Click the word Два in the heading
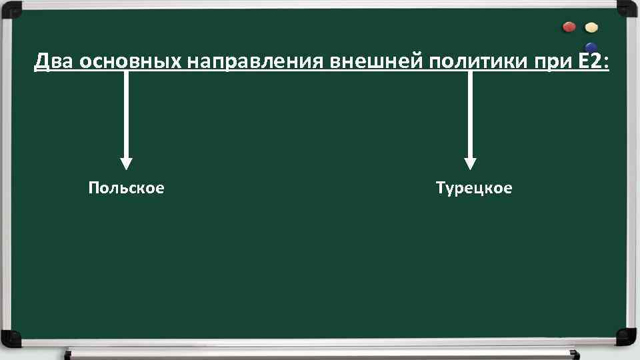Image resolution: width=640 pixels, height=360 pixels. pos(54,62)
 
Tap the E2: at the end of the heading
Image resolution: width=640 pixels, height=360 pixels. pos(595,62)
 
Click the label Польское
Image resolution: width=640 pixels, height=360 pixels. pos(126,189)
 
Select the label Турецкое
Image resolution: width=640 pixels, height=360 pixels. pos(474,189)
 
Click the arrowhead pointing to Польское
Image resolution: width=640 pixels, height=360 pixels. pos(126,164)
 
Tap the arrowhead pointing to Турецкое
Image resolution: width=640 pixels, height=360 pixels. pos(470,164)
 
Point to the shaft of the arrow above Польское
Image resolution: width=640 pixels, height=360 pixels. pos(126,113)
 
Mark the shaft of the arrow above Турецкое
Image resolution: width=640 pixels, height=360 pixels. pos(470,113)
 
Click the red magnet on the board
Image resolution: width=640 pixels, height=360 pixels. pos(569,27)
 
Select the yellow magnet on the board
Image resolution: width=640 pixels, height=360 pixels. pos(591,28)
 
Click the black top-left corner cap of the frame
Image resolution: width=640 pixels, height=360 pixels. pos(11,9)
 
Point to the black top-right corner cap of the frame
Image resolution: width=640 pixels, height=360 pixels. pos(628,9)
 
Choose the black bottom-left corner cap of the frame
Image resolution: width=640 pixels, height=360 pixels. pos(11,339)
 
